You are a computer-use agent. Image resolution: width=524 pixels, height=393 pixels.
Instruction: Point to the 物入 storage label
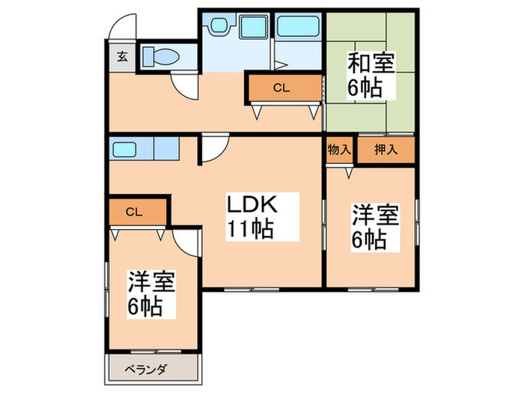click(x=339, y=150)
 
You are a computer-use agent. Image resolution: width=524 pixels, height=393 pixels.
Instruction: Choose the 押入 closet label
click(x=385, y=150)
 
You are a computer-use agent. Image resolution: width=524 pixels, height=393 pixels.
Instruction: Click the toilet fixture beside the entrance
click(x=158, y=56)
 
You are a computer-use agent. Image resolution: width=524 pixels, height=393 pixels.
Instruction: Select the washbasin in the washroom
click(x=219, y=27)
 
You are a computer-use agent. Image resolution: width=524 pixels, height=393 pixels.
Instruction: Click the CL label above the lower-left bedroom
click(x=134, y=212)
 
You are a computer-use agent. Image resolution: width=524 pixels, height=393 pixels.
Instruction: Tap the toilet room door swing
click(x=184, y=85)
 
